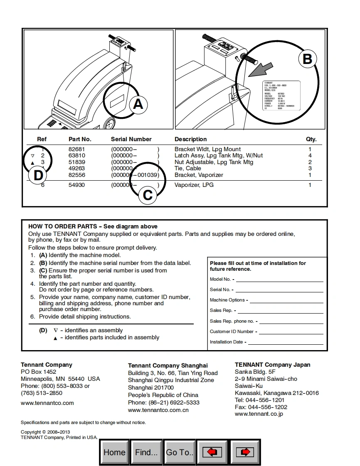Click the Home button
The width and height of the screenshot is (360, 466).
tap(114, 452)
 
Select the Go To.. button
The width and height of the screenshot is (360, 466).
tap(180, 452)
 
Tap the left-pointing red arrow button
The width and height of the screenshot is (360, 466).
tap(212, 452)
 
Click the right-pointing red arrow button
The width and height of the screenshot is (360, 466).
tap(245, 452)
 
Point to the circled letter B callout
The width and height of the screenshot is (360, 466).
tap(307, 59)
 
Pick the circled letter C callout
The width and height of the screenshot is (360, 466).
tap(148, 195)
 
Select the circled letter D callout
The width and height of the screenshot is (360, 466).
tap(38, 176)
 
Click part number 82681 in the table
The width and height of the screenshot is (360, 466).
tap(76, 149)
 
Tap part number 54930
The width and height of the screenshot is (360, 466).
tap(76, 185)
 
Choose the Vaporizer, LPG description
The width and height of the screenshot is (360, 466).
tap(194, 185)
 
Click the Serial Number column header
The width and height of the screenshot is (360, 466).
tap(131, 139)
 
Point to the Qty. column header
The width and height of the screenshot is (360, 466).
tap(311, 139)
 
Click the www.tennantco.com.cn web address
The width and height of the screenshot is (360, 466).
tap(158, 410)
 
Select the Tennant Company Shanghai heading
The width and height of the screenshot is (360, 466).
tap(168, 365)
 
